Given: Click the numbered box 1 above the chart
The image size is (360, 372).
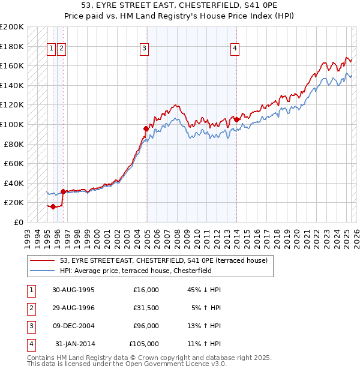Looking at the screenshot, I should tap(51, 49).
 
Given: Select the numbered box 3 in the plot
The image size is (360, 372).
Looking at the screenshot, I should tap(145, 49).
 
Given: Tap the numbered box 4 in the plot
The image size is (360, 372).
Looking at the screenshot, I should tap(235, 49).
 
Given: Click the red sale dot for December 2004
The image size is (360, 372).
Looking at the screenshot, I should tap(146, 128).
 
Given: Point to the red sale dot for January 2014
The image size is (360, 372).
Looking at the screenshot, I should tap(236, 119).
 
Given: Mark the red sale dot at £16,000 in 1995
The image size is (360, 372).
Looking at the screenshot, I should tap(53, 206).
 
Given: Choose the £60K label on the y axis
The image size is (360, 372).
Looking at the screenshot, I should tap(14, 163).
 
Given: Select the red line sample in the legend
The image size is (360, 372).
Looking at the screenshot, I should tap(43, 260).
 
